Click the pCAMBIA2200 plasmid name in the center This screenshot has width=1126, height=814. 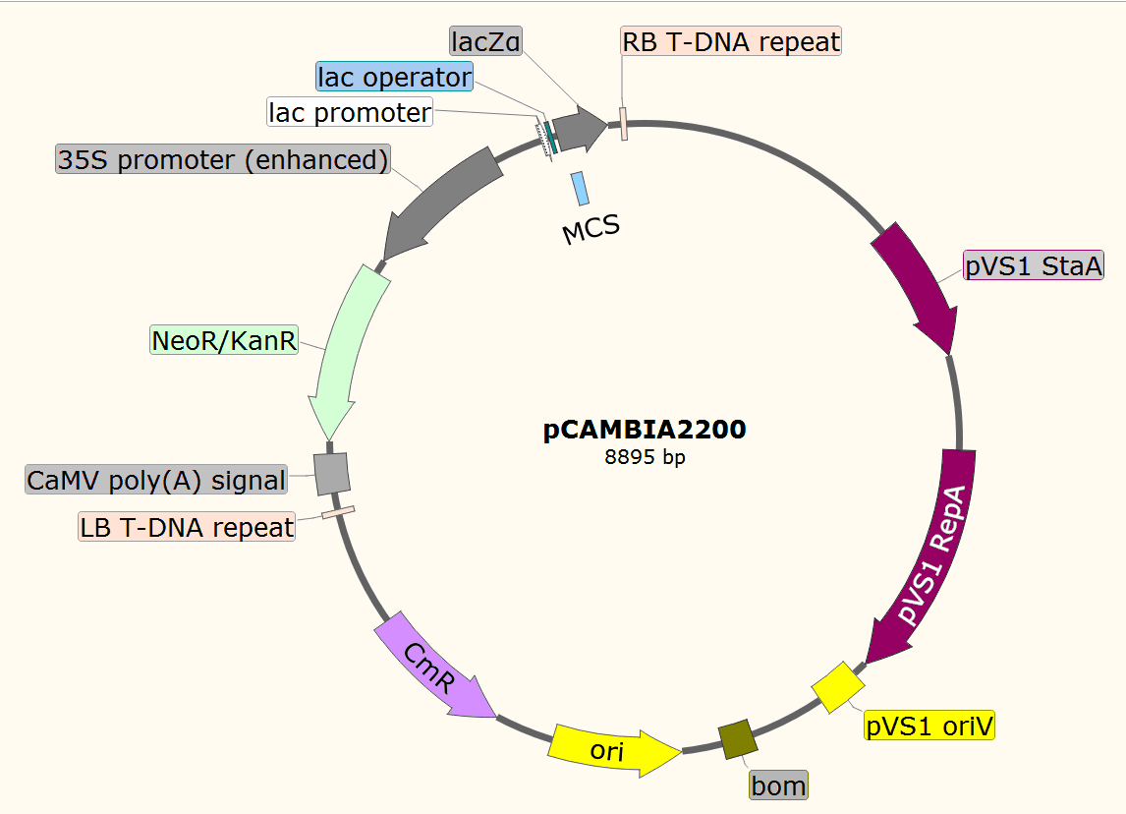[x=645, y=429]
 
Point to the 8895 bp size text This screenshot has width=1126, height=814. [x=645, y=457]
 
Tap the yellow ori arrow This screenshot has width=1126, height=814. [x=614, y=751]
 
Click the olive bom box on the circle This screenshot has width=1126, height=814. [x=738, y=739]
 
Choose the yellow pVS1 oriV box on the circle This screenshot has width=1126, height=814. [x=838, y=687]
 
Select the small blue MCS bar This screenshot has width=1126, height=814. [x=580, y=188]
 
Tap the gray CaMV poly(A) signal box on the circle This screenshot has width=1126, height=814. [x=332, y=474]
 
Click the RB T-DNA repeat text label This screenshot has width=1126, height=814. [x=731, y=41]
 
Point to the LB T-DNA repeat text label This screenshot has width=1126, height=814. [x=187, y=527]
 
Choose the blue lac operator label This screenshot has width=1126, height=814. [x=394, y=77]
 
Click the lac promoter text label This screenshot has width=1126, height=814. [x=350, y=112]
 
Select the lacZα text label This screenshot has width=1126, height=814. [x=486, y=41]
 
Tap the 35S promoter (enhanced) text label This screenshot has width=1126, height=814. [x=223, y=159]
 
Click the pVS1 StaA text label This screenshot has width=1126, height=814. [x=1034, y=265]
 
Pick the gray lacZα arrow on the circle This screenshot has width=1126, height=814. [x=579, y=130]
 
